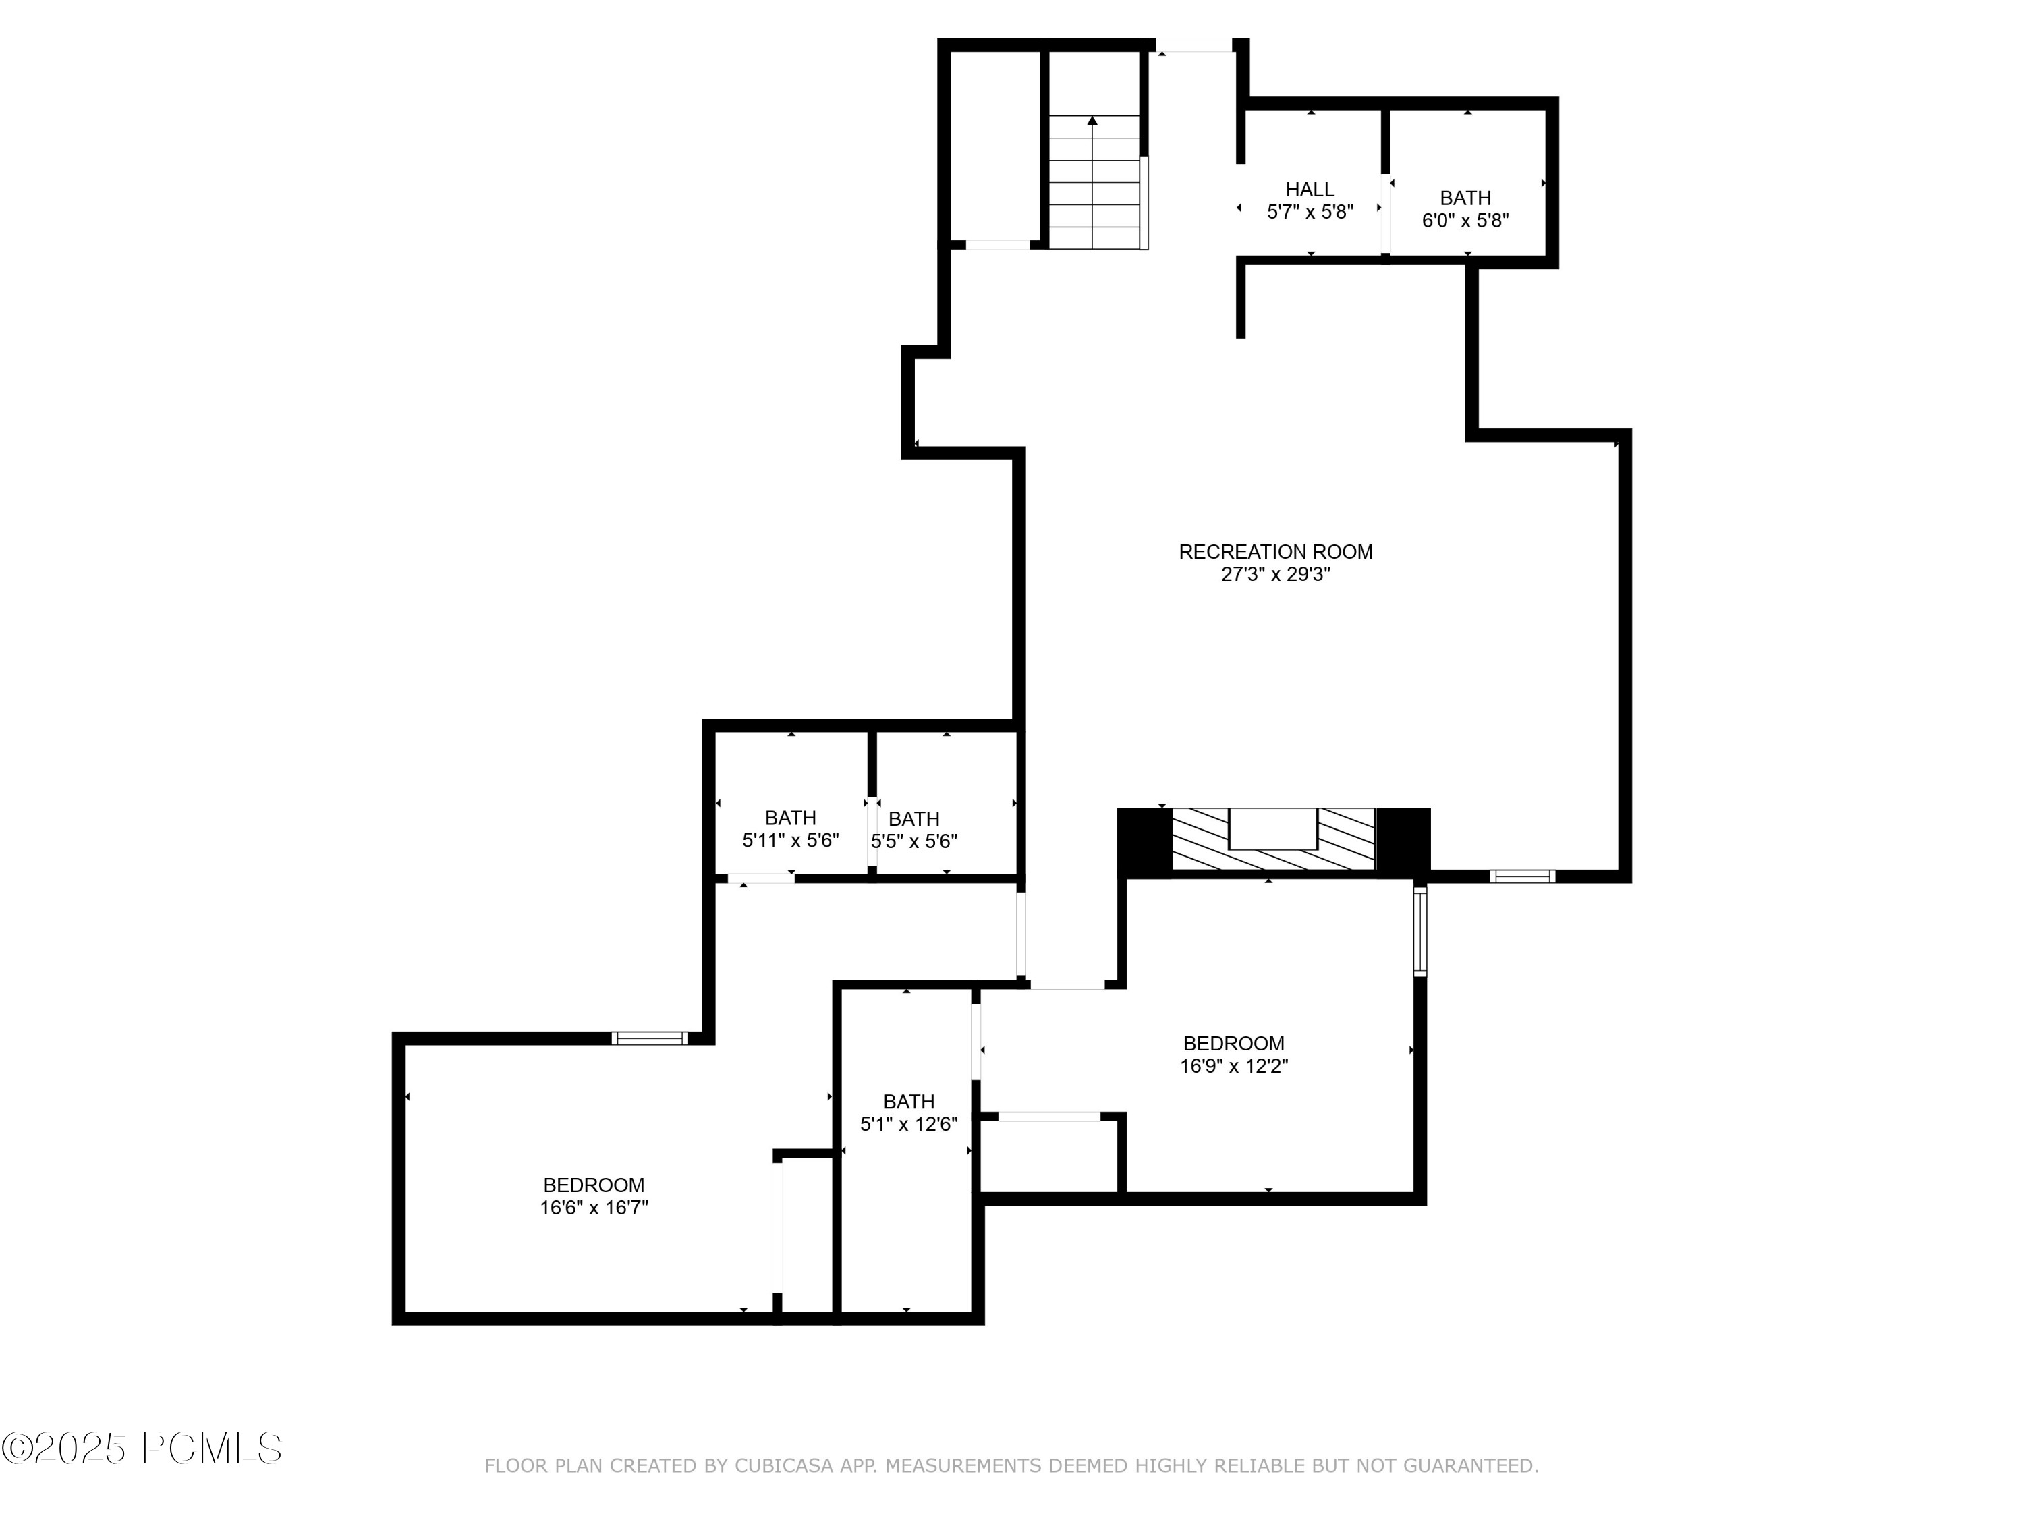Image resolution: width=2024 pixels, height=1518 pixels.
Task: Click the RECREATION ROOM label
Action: tap(1276, 552)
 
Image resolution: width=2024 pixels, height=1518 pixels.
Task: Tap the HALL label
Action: tap(1310, 190)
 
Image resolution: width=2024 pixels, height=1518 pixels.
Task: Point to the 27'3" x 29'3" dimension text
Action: tap(1276, 575)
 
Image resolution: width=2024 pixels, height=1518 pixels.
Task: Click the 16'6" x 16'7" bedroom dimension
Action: tap(594, 1208)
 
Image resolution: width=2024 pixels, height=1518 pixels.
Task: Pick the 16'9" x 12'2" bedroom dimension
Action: tap(1233, 1066)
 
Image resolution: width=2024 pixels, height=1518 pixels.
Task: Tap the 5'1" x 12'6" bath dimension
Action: tap(909, 1125)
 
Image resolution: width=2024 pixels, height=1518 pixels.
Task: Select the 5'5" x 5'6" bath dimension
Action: tap(914, 841)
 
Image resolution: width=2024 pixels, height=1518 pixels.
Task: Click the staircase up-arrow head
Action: tap(1092, 121)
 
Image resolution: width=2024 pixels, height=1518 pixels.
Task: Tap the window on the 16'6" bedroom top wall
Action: tap(649, 1038)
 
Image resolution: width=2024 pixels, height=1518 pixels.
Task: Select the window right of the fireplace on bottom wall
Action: tap(1521, 876)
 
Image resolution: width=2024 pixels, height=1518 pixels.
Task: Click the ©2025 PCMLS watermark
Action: tap(142, 1449)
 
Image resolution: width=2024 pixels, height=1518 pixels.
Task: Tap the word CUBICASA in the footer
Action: tap(784, 1466)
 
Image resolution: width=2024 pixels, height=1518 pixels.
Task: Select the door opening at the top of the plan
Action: tap(1194, 45)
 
